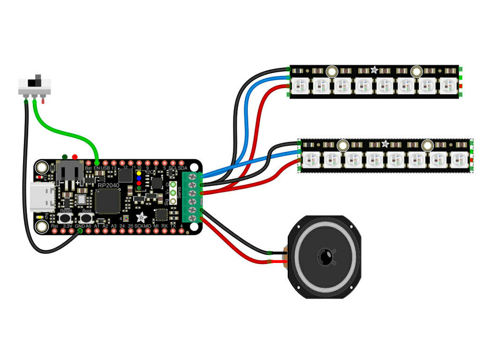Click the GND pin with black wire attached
80,230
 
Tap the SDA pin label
182,168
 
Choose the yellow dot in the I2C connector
139,173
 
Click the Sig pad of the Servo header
173,202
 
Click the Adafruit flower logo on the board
141,217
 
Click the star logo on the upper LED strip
374,70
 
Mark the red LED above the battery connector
75,157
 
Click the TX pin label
173,226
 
